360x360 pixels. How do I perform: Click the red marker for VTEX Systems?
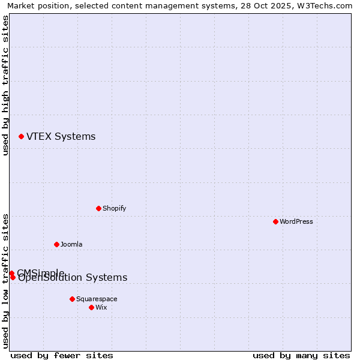[x=21, y=137]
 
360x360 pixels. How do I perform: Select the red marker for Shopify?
[x=98, y=208]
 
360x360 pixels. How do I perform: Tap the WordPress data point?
[x=275, y=221]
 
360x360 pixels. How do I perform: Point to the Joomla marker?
[x=56, y=244]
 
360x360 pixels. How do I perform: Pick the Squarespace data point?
[x=72, y=299]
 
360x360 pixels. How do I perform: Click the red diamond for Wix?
[x=91, y=307]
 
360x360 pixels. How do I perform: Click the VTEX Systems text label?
[x=61, y=137]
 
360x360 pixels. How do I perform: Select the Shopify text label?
[x=114, y=208]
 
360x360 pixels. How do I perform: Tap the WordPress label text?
[x=296, y=221]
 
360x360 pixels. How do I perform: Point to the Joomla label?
[x=71, y=244]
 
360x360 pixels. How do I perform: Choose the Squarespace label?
[x=97, y=299]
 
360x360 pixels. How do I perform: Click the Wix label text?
[x=101, y=307]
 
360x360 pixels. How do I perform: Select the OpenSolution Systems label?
[x=73, y=278]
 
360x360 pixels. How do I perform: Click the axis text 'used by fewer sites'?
[x=62, y=355]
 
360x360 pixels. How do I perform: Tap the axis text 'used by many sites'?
[x=301, y=355]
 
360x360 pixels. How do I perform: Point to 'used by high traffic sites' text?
[x=5, y=86]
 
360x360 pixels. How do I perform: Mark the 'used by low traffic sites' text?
[x=5, y=281]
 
